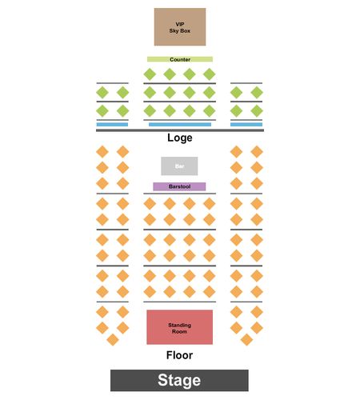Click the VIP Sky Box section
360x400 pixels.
[180, 27]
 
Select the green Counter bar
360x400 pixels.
[180, 59]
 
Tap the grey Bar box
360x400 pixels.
[179, 166]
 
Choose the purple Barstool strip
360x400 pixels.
[179, 186]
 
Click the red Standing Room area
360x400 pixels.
[180, 327]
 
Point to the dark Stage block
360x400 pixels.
[179, 381]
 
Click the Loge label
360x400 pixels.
[180, 138]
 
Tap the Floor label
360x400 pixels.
[179, 355]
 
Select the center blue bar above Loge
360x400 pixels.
[180, 125]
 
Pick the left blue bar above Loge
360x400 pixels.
[112, 125]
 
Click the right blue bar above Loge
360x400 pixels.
[246, 125]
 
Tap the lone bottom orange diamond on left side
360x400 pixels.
[113, 340]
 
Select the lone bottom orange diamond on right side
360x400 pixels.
[246, 340]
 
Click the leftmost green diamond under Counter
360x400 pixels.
[150, 74]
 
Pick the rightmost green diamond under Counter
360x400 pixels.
[210, 74]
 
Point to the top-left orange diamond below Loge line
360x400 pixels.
[102, 152]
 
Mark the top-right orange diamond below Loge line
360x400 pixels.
[257, 152]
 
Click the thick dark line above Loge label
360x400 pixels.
[180, 130]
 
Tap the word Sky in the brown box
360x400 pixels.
[174, 31]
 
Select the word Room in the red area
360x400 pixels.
[179, 331]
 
